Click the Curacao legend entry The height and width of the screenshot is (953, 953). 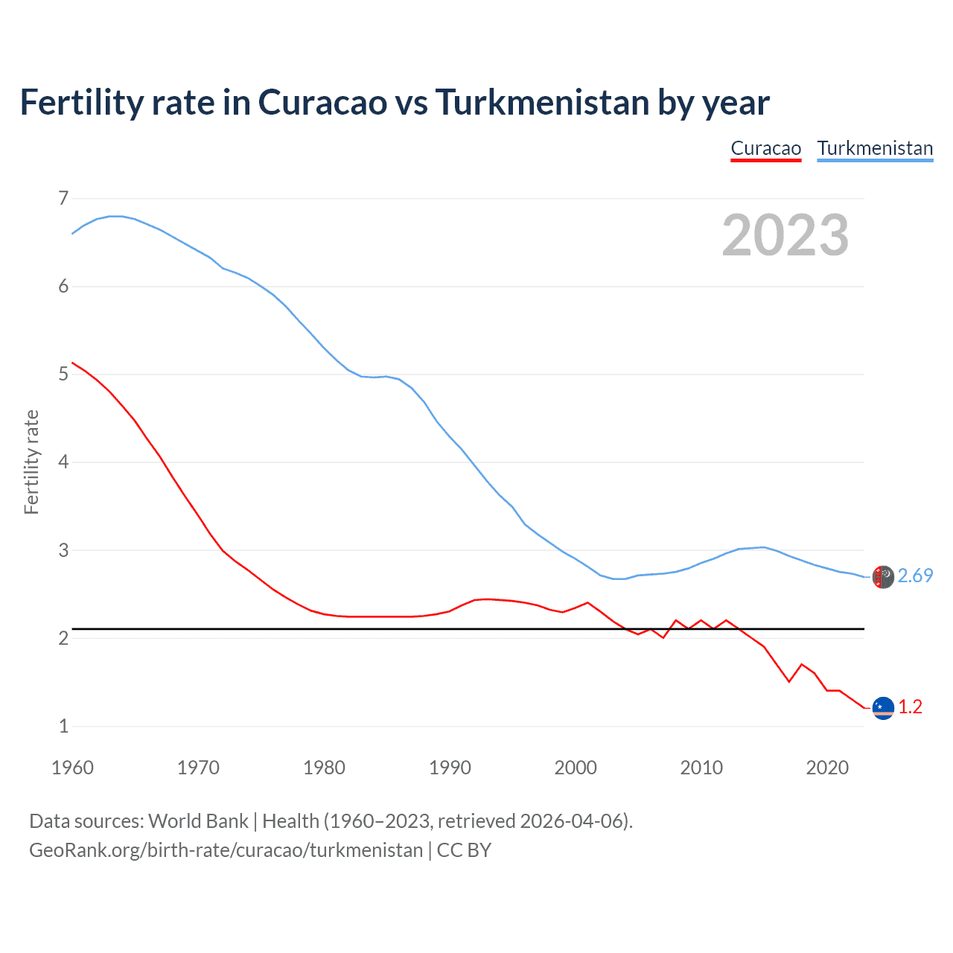(x=765, y=148)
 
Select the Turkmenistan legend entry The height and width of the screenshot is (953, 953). (x=875, y=148)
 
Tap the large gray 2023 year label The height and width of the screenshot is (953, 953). (x=785, y=235)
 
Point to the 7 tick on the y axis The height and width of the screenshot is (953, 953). (x=63, y=198)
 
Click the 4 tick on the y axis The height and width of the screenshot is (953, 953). (x=63, y=462)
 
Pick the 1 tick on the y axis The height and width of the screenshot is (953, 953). (x=63, y=726)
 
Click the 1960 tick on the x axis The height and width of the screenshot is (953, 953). (x=72, y=768)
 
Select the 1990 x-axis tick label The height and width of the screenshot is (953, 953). (x=450, y=768)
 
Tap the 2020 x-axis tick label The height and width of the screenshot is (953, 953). (x=827, y=768)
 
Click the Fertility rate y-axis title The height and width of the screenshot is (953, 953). (x=31, y=462)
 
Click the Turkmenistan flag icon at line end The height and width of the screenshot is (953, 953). (x=883, y=577)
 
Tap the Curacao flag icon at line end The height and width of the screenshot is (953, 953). (x=883, y=708)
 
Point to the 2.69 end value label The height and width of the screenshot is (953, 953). (x=915, y=576)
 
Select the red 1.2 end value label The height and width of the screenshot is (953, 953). (x=910, y=707)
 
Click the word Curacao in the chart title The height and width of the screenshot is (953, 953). (x=322, y=102)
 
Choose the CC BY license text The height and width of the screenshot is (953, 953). (x=464, y=850)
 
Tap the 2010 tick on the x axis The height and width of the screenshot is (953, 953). (x=701, y=768)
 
